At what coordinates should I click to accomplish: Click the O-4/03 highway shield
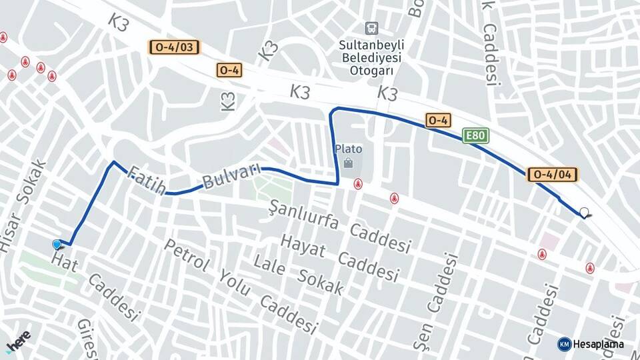pos(174,47)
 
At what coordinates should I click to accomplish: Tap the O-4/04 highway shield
pos(553,175)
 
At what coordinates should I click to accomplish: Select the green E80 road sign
pos(476,136)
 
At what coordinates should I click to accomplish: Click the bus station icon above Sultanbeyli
pos(371,29)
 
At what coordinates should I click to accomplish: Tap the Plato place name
pos(348,149)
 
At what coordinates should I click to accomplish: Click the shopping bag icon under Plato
pos(348,163)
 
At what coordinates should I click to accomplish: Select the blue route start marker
pos(57,245)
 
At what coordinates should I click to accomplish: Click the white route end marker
pos(585,213)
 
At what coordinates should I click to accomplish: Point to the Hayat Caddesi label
pos(339,257)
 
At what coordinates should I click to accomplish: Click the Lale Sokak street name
pos(298,274)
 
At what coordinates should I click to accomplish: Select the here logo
pos(18,342)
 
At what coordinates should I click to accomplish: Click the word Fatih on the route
pos(146,180)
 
